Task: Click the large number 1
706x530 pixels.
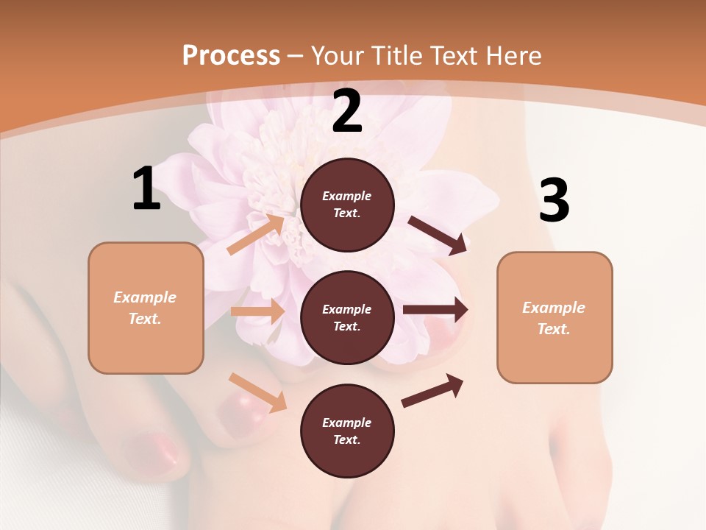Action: point(146,189)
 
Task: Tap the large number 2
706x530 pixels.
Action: point(347,112)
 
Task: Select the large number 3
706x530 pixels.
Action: point(554,201)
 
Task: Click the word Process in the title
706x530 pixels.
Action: point(231,55)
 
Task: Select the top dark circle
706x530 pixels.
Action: point(347,205)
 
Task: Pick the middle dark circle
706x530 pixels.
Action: point(347,317)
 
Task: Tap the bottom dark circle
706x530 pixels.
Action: point(347,431)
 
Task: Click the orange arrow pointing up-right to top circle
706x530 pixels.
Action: point(256,234)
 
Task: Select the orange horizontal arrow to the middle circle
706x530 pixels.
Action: point(257,311)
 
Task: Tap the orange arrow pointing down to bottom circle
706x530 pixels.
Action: point(257,392)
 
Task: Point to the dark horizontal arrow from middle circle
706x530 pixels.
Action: point(435,310)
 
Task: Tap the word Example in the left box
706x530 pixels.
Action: point(145,297)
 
